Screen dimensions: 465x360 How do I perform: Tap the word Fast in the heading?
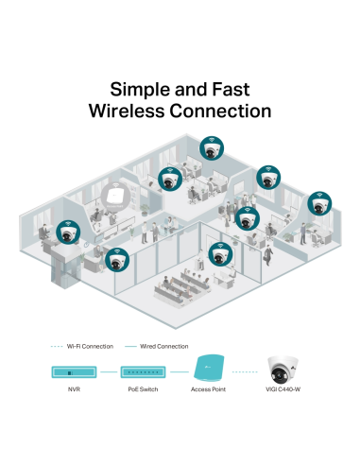tap(246, 90)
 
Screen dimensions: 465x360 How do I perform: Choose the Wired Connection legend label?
tap(166, 347)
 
